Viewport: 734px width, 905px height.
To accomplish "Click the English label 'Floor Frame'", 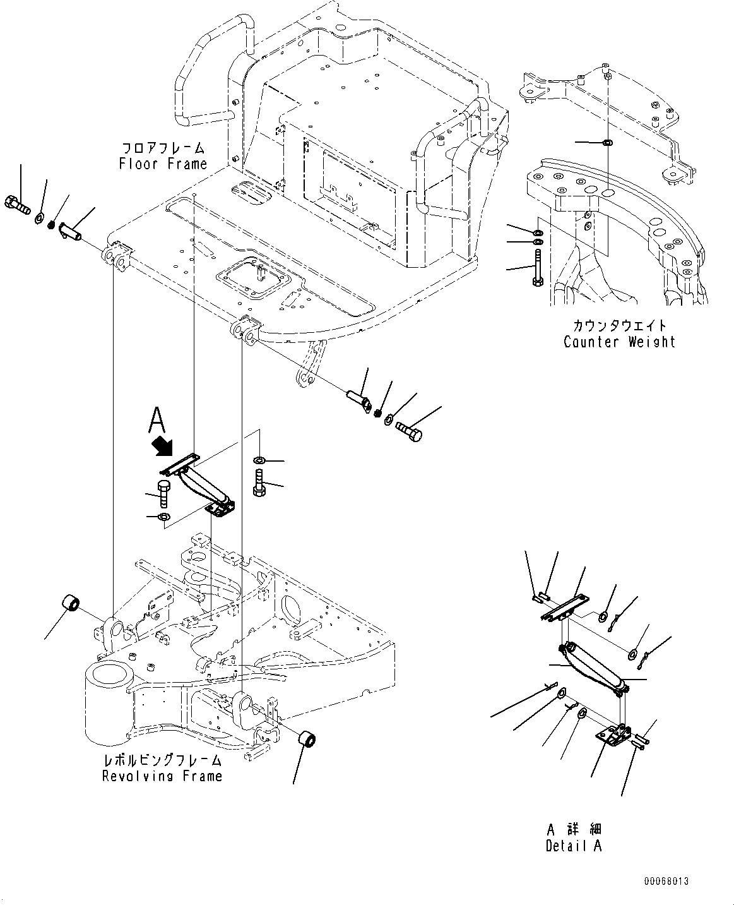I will pos(163,164).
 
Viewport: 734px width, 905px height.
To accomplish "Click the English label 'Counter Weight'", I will pos(619,342).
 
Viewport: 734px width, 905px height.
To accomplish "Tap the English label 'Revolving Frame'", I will pos(162,776).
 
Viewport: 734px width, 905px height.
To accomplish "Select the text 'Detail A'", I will pos(574,846).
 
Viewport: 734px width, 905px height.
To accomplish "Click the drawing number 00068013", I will pos(666,881).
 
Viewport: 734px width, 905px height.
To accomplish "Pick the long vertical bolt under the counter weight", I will pos(536,268).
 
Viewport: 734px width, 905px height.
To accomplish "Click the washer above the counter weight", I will pos(606,143).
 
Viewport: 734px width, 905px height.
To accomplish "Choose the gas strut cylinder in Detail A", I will pos(593,665).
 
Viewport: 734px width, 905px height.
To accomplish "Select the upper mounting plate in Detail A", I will pos(563,608).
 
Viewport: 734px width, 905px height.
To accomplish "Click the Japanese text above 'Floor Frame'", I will pos(163,148).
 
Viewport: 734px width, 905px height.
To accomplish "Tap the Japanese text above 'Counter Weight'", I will pos(619,326).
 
